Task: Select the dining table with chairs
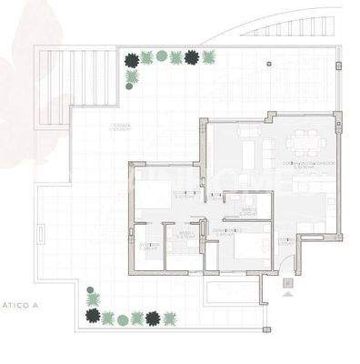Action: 302,142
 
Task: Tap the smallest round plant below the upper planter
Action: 132,77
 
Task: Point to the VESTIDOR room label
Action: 149,245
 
